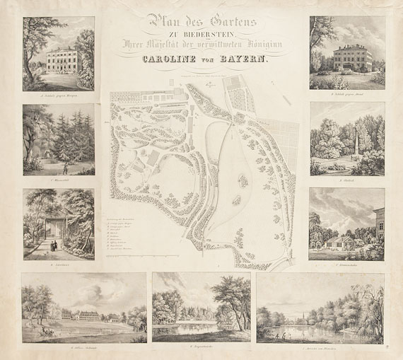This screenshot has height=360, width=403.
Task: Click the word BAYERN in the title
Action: point(245,60)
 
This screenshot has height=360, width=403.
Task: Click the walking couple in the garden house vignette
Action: point(54,246)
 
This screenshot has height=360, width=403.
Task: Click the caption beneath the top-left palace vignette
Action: point(58,93)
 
